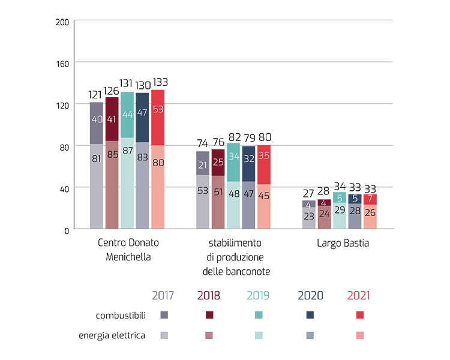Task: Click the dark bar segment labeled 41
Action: (112, 119)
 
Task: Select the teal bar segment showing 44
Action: (127, 114)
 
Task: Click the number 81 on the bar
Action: (97, 160)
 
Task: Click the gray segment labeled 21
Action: (202, 165)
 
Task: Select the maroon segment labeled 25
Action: (217, 163)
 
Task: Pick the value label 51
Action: (217, 191)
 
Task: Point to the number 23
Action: (308, 216)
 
